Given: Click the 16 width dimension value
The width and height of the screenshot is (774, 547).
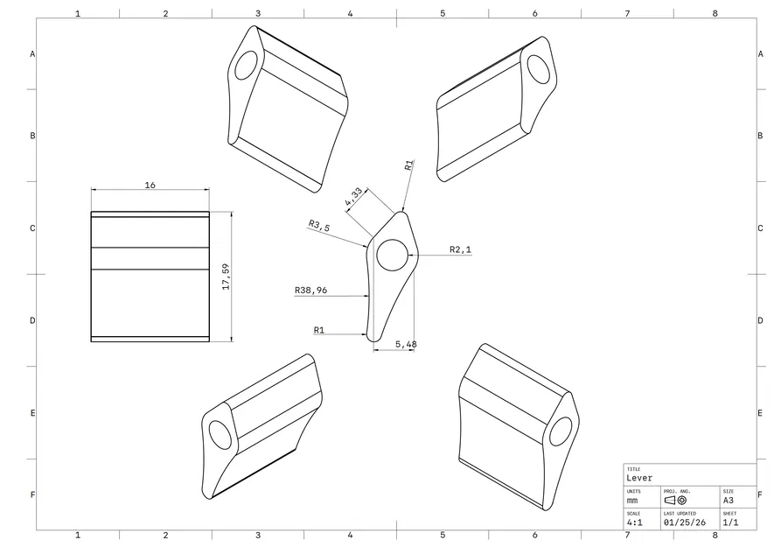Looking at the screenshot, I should pos(150,185).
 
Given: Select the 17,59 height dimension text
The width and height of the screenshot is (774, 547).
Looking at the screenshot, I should pos(226,277).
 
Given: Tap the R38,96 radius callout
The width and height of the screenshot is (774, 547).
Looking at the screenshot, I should pos(310,291).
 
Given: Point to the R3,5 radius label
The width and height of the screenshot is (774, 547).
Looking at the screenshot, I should pos(319,226).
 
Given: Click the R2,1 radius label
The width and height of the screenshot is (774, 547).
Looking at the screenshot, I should pos(461,249).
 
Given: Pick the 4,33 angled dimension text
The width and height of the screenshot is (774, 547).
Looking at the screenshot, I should pos(354,197).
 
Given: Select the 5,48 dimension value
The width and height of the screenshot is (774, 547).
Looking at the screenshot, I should pos(406,345).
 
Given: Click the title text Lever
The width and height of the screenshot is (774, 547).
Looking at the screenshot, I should pos(639,478).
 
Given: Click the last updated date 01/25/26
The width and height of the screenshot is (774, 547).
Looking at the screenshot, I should pos(685,522).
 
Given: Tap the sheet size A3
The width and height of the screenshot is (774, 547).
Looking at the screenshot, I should pos(729,500).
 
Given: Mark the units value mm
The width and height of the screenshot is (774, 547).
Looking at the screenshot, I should pos(632,500).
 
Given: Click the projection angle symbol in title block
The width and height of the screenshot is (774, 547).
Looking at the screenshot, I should pos(675,500).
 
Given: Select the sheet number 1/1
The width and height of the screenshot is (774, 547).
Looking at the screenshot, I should pos(730,522).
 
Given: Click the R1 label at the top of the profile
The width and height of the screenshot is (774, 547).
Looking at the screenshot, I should pos(408,165).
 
